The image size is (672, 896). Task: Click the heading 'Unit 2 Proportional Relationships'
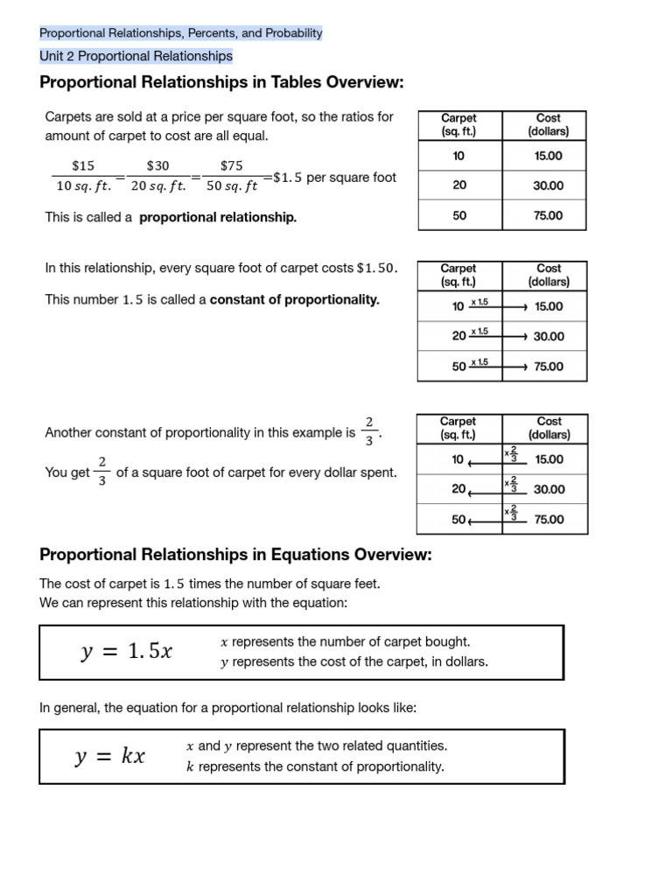pyautogui.click(x=136, y=56)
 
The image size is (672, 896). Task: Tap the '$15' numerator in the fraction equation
pyautogui.click(x=83, y=165)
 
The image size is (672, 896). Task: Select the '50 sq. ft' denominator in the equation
pyautogui.click(x=232, y=185)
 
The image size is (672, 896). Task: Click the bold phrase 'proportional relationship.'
pyautogui.click(x=218, y=217)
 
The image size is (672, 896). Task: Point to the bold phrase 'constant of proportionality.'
pyautogui.click(x=295, y=299)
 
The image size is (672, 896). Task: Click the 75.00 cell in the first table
pyautogui.click(x=549, y=215)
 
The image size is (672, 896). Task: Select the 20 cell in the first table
pyautogui.click(x=459, y=185)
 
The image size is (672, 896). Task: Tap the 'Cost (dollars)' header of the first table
pyautogui.click(x=549, y=124)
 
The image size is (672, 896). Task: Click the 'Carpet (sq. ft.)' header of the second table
pyautogui.click(x=458, y=275)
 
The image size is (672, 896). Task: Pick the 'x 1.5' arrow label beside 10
pyautogui.click(x=479, y=302)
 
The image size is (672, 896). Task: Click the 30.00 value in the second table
pyautogui.click(x=549, y=336)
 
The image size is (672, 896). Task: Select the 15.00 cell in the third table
pyautogui.click(x=549, y=459)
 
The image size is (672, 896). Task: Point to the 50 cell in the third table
pyautogui.click(x=458, y=519)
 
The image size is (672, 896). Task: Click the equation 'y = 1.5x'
pyautogui.click(x=127, y=652)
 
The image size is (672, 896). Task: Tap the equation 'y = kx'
pyautogui.click(x=109, y=757)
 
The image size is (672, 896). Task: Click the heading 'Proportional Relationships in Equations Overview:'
pyautogui.click(x=235, y=555)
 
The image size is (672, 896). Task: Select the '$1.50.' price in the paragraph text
pyautogui.click(x=377, y=269)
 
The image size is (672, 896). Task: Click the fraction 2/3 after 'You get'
pyautogui.click(x=103, y=472)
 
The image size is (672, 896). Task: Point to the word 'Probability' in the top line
pyautogui.click(x=292, y=33)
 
